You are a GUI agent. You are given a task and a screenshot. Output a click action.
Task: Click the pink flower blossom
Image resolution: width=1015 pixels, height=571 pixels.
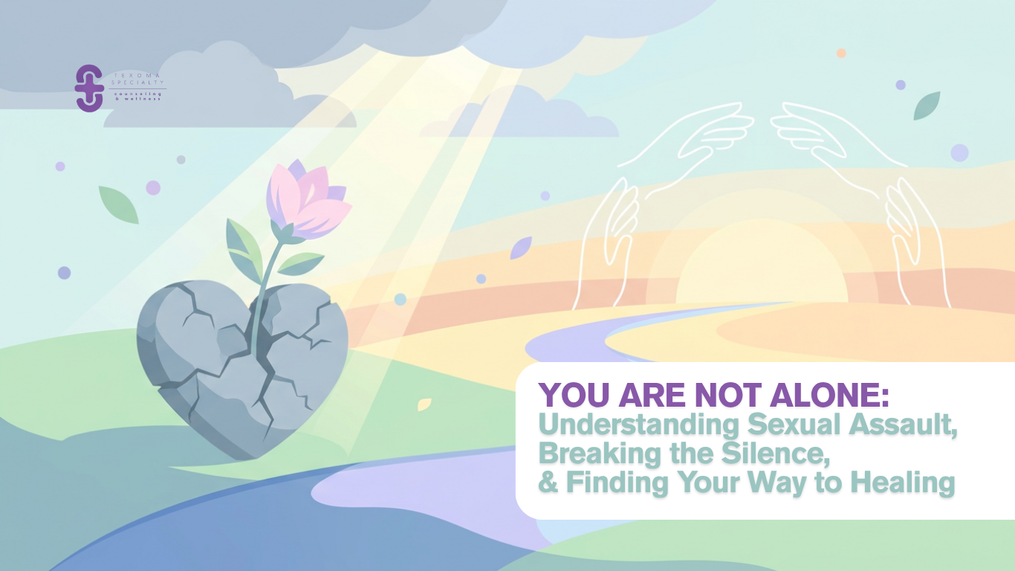tap(305, 196)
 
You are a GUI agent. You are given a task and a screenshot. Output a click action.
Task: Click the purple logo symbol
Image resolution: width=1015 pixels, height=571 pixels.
tap(89, 88)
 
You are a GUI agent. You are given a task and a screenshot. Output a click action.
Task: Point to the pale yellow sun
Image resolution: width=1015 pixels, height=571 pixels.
tap(762, 268)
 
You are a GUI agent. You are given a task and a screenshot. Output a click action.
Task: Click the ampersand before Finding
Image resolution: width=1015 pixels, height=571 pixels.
tap(548, 483)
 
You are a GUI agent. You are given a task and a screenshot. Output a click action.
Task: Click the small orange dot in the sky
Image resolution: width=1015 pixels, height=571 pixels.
tap(841, 53)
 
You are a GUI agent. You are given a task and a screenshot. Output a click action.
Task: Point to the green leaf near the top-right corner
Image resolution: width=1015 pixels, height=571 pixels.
tap(927, 106)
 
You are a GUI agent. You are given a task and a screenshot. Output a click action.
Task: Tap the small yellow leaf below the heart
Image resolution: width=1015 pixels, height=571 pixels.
tap(424, 404)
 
